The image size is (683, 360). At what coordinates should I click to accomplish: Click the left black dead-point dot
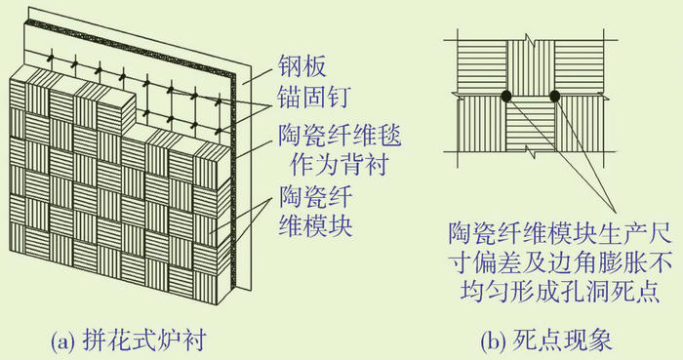click(506, 96)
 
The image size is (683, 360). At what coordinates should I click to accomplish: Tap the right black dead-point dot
click(555, 96)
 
